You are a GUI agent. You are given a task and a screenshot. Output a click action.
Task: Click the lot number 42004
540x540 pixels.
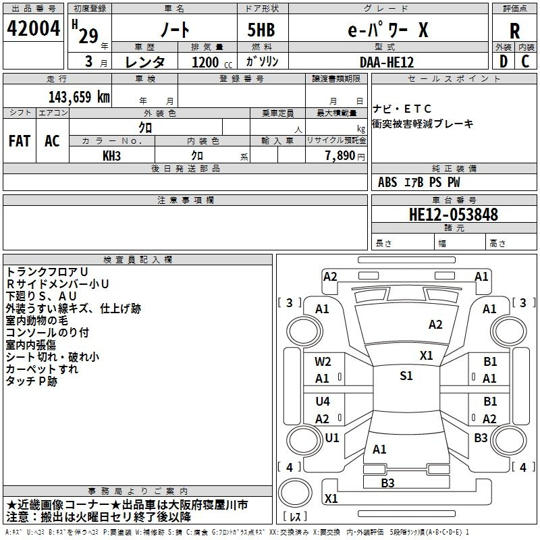(x=33, y=28)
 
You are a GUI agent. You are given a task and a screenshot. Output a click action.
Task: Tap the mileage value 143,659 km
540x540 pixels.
(x=79, y=97)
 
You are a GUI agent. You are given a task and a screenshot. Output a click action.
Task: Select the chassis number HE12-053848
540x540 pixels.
(x=453, y=214)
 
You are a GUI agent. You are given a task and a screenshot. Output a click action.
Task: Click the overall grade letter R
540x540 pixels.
(x=514, y=31)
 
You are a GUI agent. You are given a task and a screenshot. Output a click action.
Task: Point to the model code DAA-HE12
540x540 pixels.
(x=386, y=62)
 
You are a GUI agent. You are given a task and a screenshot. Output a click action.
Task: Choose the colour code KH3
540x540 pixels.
(x=111, y=156)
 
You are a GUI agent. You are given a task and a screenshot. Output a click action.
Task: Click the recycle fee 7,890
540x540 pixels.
(x=340, y=156)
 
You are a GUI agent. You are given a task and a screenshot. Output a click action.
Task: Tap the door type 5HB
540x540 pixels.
(x=261, y=30)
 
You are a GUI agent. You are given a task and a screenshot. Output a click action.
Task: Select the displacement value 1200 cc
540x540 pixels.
(x=212, y=62)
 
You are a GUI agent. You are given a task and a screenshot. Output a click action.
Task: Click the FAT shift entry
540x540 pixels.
(x=20, y=141)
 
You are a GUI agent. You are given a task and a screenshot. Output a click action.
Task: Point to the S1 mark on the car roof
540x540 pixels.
(x=406, y=376)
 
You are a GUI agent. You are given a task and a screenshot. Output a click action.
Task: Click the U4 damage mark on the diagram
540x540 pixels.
(x=323, y=401)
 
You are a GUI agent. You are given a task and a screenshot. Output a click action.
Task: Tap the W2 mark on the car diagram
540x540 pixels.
(x=323, y=362)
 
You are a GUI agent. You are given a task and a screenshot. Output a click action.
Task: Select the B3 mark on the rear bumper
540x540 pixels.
(x=387, y=483)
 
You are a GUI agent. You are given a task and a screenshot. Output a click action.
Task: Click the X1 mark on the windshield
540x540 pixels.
(x=427, y=356)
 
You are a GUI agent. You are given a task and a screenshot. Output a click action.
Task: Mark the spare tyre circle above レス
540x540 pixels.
(x=295, y=493)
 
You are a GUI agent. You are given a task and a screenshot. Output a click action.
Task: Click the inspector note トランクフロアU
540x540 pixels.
(x=47, y=272)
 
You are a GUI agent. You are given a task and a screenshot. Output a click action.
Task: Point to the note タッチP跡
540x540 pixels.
(x=31, y=381)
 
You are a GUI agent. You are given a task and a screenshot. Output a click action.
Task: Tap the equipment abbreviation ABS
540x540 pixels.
(x=387, y=182)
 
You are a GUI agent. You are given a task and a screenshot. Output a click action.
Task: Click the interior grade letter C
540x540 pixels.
(x=525, y=61)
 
